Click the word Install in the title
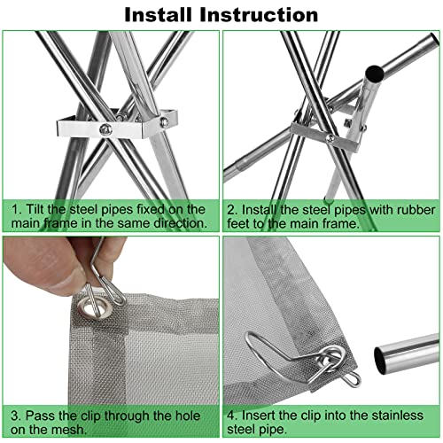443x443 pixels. click(158, 14)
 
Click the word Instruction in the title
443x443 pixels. click(259, 14)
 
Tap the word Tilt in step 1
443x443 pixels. click(35, 209)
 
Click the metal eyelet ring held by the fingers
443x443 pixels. click(95, 308)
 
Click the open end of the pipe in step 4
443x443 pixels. click(382, 360)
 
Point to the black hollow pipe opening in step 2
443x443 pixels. click(374, 74)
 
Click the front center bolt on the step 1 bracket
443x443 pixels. click(105, 129)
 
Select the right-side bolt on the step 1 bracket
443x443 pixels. click(164, 121)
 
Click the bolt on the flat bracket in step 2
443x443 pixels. click(330, 137)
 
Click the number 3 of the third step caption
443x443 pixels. click(15, 416)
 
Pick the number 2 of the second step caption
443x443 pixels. click(231, 210)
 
